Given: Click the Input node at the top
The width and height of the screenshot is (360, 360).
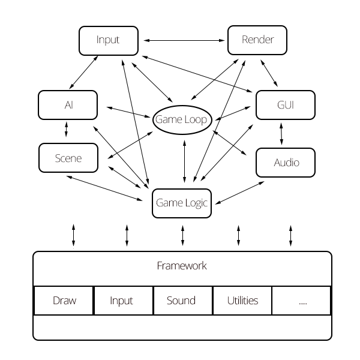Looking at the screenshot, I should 108,40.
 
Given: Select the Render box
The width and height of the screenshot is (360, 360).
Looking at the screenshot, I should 257,40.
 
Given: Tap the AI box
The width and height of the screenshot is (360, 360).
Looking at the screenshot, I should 68,105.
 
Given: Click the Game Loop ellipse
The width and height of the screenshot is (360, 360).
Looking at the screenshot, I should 181,119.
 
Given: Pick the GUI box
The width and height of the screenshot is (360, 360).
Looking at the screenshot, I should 286,105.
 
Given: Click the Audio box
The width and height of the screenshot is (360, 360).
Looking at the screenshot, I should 286,162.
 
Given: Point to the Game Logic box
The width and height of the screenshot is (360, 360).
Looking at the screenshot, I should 181,203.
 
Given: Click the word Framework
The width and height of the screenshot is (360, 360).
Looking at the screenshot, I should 181,266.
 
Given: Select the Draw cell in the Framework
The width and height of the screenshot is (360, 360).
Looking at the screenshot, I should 64,300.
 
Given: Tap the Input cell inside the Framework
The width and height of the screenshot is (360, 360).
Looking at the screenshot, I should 122,300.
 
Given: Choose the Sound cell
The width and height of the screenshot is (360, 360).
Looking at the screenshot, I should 181,300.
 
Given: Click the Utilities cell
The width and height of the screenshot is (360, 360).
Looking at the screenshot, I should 241,300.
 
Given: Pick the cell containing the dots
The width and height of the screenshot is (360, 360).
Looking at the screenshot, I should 301,300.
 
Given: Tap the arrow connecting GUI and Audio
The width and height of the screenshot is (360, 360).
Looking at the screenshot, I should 281,133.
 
